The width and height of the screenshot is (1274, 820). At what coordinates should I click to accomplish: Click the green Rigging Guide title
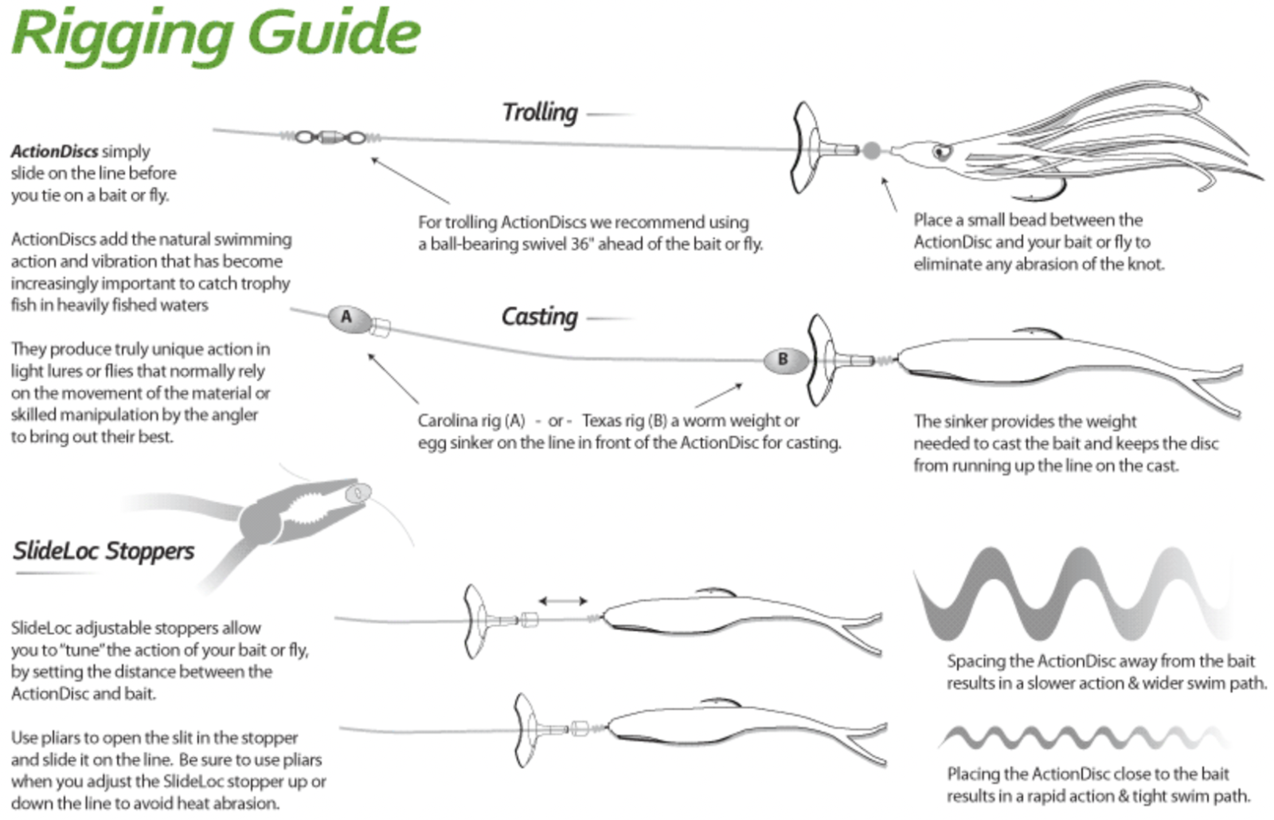click(215, 33)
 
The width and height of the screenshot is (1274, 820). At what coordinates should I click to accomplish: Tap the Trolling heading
click(539, 112)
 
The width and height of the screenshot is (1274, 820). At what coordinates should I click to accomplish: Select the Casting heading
click(539, 316)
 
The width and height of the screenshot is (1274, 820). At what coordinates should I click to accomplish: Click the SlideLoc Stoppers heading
click(104, 551)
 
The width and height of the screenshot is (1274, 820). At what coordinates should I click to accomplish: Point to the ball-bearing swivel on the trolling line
click(330, 138)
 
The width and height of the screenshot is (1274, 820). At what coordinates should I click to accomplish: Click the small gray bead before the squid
click(872, 150)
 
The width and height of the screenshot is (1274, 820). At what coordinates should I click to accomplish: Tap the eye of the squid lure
click(942, 151)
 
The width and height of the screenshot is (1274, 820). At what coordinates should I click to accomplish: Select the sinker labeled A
click(347, 318)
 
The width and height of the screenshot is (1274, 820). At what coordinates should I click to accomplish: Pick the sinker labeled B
click(783, 359)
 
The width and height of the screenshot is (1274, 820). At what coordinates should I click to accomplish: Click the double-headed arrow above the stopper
click(563, 600)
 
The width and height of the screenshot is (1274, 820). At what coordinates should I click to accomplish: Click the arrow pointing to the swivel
click(409, 179)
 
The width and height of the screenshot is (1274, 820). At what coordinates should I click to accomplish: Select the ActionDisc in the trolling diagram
click(806, 147)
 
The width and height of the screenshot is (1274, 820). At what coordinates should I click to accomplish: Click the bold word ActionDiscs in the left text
click(54, 151)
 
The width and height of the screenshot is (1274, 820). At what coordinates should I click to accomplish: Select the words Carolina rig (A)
click(471, 421)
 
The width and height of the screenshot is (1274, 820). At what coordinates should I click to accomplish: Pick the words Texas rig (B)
click(624, 421)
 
